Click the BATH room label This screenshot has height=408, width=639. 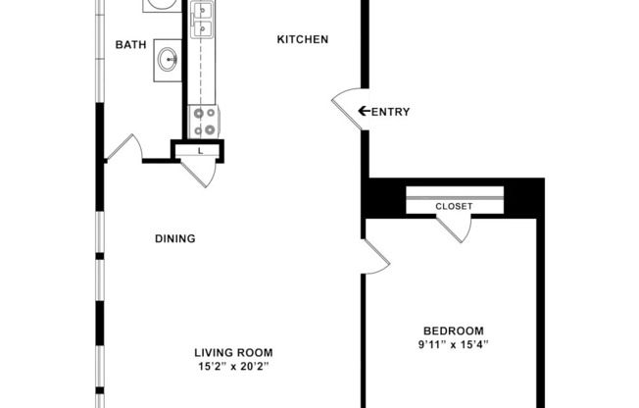pyautogui.click(x=131, y=44)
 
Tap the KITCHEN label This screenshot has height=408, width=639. pyautogui.click(x=302, y=39)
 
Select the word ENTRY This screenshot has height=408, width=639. pyautogui.click(x=391, y=112)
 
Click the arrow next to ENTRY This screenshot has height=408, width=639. pyautogui.click(x=365, y=112)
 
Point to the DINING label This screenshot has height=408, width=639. pyautogui.click(x=175, y=238)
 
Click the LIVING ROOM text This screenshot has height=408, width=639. pyautogui.click(x=232, y=353)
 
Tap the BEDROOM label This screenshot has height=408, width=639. pyautogui.click(x=454, y=331)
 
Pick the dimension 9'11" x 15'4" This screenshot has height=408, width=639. pyautogui.click(x=454, y=344)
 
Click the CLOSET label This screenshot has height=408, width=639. pyautogui.click(x=454, y=206)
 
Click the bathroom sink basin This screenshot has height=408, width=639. pyautogui.click(x=169, y=60)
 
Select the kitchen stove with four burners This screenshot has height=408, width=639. pyautogui.click(x=205, y=121)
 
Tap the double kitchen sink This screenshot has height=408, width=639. pyautogui.click(x=204, y=22)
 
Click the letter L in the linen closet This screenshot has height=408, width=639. pyautogui.click(x=200, y=151)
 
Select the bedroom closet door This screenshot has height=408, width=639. pyautogui.click(x=455, y=227)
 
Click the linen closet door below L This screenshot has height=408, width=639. pyautogui.click(x=200, y=173)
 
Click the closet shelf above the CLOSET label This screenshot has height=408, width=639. pyautogui.click(x=454, y=192)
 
